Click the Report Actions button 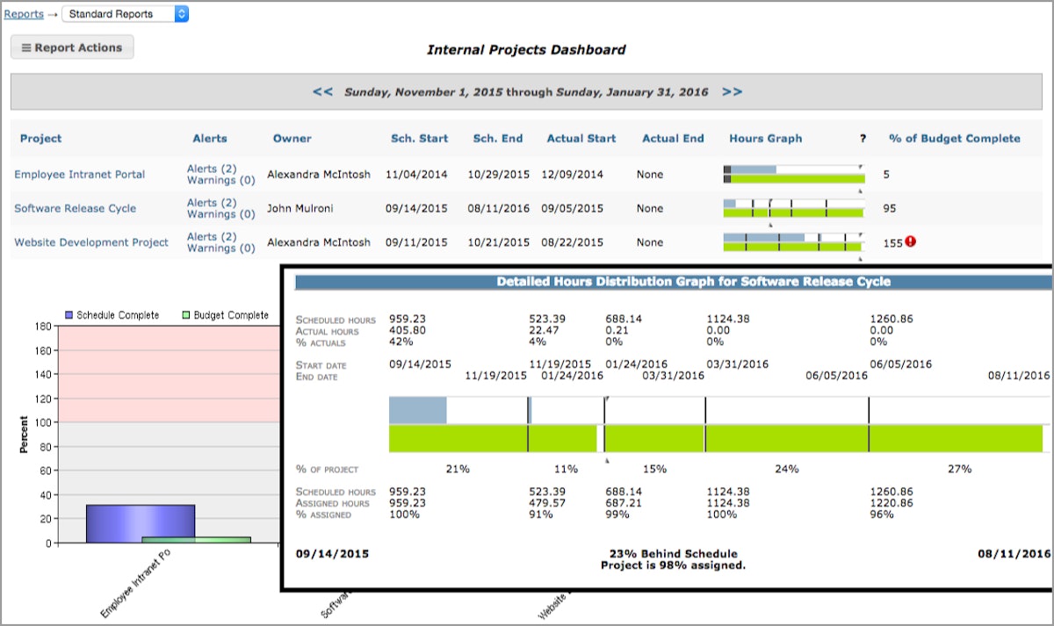[72, 47]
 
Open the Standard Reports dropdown [125, 14]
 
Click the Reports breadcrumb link [24, 14]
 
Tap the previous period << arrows [322, 91]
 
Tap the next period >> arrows [732, 91]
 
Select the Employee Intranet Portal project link [80, 175]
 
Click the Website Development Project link [91, 242]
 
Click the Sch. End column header [497, 139]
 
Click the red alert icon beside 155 [910, 241]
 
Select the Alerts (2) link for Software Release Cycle [212, 203]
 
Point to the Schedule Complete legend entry [112, 315]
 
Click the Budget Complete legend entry [225, 315]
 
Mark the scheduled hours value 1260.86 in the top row [892, 320]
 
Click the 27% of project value [959, 469]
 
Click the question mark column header [863, 139]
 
